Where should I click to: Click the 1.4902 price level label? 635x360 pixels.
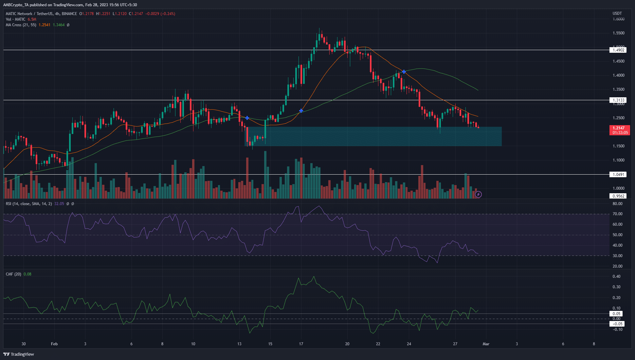click(618, 50)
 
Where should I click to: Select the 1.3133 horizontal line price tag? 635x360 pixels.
click(618, 100)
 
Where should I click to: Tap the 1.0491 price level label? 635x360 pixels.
click(618, 175)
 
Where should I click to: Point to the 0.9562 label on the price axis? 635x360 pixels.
click(618, 196)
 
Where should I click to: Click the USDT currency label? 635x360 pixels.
click(617, 13)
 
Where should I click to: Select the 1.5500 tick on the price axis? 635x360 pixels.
click(618, 33)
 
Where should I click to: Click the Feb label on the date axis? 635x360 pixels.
click(54, 344)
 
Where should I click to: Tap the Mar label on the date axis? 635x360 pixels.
click(486, 344)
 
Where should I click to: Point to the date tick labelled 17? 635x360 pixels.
click(301, 344)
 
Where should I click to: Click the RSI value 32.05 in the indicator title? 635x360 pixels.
click(59, 204)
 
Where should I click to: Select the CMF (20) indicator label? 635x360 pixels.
click(13, 274)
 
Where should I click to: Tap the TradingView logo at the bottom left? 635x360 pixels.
click(19, 354)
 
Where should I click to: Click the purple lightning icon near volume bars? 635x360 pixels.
click(478, 195)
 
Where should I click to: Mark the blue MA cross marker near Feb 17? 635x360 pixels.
click(301, 111)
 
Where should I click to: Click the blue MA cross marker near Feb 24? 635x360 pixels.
click(404, 72)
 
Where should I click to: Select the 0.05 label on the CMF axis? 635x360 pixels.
click(616, 314)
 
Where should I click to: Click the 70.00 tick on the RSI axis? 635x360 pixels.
click(617, 214)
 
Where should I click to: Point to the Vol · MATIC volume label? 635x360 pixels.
click(15, 19)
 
